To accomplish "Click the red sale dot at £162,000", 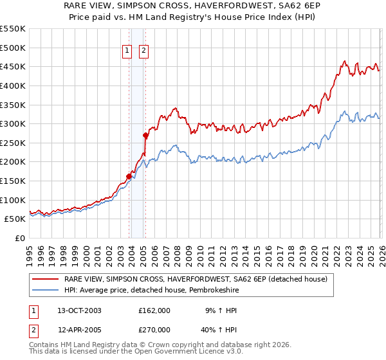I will [129, 176].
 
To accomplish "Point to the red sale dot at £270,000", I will [146, 135].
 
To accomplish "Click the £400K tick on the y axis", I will [13, 85].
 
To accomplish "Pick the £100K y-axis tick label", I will [13, 200].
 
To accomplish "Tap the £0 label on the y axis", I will [19, 238].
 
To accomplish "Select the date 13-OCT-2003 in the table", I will [79, 310].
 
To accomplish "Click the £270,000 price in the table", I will [154, 329].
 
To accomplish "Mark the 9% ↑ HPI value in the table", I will [206, 310].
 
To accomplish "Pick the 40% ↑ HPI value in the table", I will [206, 329].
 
